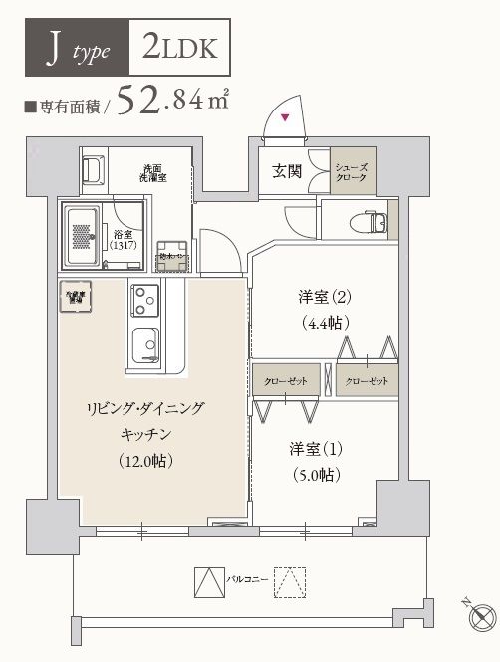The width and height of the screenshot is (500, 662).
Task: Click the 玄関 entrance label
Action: (287, 170)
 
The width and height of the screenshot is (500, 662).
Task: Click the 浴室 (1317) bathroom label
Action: (131, 241)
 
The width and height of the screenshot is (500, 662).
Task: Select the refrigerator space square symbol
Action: (76, 298)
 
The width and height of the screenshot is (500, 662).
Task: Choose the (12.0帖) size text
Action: (147, 460)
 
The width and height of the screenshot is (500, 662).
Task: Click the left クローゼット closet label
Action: (285, 381)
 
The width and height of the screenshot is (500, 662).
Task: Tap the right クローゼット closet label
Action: (367, 381)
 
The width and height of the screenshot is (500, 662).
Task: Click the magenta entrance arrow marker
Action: (287, 119)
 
